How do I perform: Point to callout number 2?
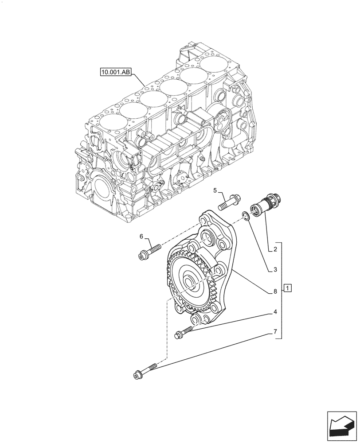275,250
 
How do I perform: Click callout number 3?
275,269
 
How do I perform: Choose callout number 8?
275,291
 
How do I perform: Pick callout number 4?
275,311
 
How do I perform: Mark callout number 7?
275,331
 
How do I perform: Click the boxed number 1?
288,289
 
